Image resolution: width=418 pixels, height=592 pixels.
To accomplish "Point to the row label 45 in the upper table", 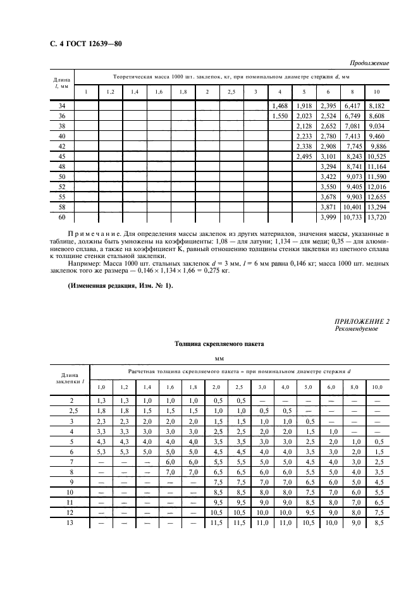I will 61,156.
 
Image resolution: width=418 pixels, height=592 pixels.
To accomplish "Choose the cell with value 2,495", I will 304,156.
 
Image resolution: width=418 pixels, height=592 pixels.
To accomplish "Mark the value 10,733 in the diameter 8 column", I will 352,217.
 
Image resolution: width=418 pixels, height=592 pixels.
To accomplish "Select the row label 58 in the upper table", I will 61,207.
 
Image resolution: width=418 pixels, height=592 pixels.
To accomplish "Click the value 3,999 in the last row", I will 328,217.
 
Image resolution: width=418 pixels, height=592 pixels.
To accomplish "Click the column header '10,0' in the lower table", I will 377,386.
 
